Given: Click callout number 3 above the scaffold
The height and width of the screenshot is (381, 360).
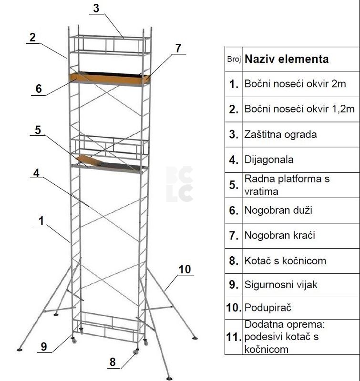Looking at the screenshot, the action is click(96, 8).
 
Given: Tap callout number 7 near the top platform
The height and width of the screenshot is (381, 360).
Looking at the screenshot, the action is click(178, 48).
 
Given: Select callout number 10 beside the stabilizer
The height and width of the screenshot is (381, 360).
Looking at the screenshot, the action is click(185, 269).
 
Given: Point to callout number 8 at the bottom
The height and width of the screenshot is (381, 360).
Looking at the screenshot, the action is click(113, 362).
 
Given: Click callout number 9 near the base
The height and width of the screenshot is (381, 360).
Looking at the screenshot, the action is click(44, 347).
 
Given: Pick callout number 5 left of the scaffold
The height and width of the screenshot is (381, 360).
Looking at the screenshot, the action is click(38, 130).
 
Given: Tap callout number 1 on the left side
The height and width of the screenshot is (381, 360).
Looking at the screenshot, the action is click(41, 221).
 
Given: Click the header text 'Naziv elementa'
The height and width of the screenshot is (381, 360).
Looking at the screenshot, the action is click(287, 59).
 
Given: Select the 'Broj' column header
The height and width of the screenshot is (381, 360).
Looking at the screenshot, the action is click(234, 59).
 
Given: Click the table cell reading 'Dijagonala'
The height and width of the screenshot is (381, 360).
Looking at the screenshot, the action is click(269, 160).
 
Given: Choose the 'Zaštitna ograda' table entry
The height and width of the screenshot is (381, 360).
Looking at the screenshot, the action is click(280, 134).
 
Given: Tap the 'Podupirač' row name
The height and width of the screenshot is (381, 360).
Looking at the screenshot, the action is click(267, 308).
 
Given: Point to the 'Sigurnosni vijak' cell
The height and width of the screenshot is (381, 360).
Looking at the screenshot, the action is click(281, 284).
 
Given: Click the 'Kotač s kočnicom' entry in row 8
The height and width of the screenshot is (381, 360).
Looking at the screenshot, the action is click(285, 261).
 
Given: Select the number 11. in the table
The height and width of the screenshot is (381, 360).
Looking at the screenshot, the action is click(234, 337).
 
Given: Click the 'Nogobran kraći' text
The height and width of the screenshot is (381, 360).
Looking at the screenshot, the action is click(279, 235).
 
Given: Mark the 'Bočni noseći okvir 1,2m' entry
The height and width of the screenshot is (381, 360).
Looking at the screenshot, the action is click(299, 109).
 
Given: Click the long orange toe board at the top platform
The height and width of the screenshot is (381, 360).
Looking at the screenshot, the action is click(107, 79).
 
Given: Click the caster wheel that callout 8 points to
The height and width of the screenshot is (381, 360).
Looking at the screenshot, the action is click(136, 352).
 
